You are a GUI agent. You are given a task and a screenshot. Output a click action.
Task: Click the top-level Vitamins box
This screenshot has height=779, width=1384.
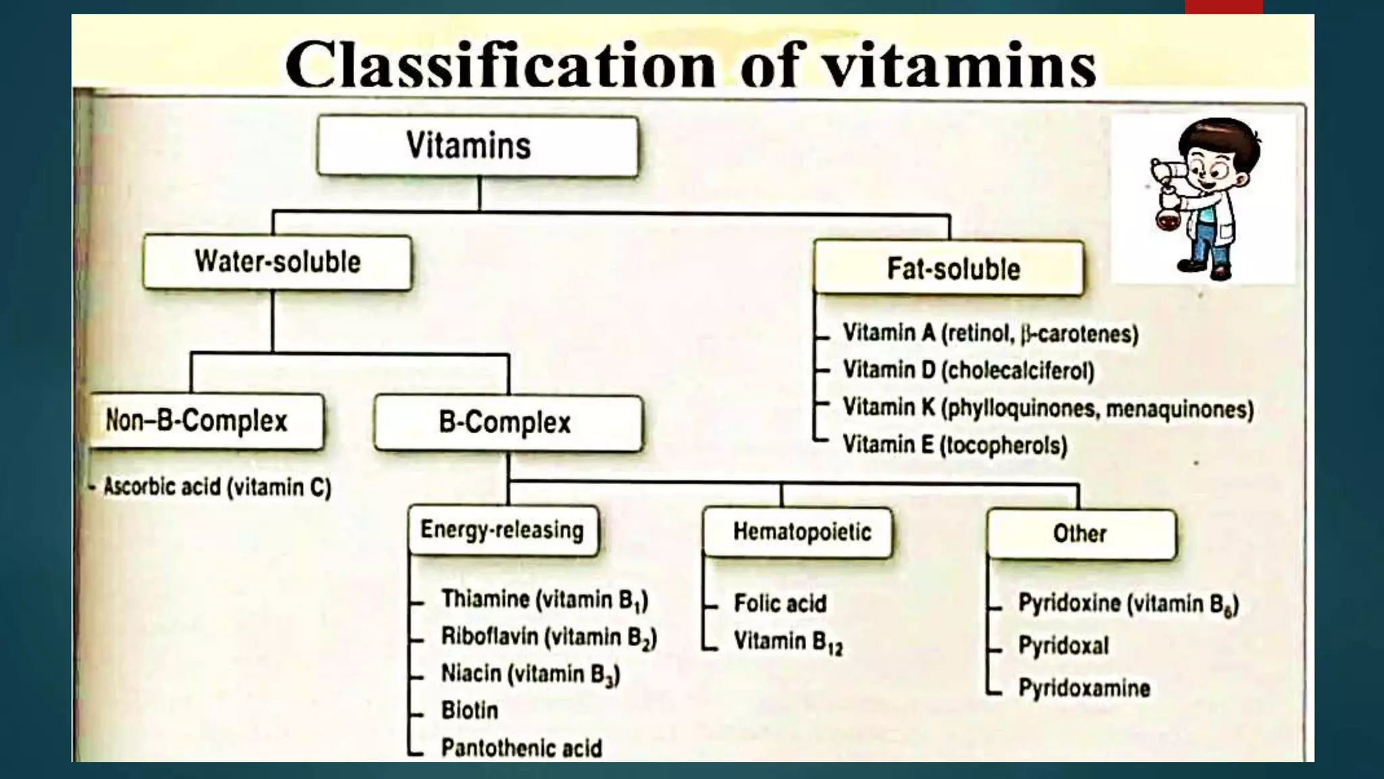click(x=477, y=146)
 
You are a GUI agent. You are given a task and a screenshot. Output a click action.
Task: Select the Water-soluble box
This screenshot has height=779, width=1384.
click(x=277, y=262)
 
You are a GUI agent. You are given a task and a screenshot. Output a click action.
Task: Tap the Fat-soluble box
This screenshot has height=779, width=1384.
click(x=949, y=268)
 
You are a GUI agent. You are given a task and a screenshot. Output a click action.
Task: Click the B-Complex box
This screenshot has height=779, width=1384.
click(x=508, y=423)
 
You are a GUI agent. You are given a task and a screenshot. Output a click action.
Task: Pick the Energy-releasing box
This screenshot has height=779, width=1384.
click(x=503, y=530)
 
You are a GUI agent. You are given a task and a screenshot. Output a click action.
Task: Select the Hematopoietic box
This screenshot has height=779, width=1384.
click(x=797, y=532)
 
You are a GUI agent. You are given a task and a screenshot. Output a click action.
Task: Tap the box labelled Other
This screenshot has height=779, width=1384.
click(x=1081, y=534)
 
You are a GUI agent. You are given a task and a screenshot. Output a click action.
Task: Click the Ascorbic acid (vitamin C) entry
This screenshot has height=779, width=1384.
click(x=217, y=487)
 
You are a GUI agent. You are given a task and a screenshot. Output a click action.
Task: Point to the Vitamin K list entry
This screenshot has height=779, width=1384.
click(x=1047, y=408)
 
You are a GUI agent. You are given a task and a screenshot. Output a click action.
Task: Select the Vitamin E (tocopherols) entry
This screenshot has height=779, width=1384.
click(x=954, y=446)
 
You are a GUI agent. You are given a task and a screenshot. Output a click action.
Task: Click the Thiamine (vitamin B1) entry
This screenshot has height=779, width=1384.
click(x=544, y=600)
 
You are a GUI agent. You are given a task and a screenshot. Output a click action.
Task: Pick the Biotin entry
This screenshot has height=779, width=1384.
click(x=470, y=710)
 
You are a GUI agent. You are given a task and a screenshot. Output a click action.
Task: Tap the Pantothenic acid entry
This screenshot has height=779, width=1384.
click(x=521, y=748)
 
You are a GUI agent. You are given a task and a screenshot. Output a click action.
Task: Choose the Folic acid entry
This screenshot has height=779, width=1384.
click(x=780, y=603)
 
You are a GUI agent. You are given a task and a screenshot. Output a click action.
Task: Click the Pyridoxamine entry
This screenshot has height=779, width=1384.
click(x=1084, y=688)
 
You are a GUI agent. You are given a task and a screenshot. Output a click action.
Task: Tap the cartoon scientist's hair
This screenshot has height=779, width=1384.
click(x=1220, y=132)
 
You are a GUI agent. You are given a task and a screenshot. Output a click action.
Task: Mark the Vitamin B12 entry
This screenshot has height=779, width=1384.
click(x=787, y=642)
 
